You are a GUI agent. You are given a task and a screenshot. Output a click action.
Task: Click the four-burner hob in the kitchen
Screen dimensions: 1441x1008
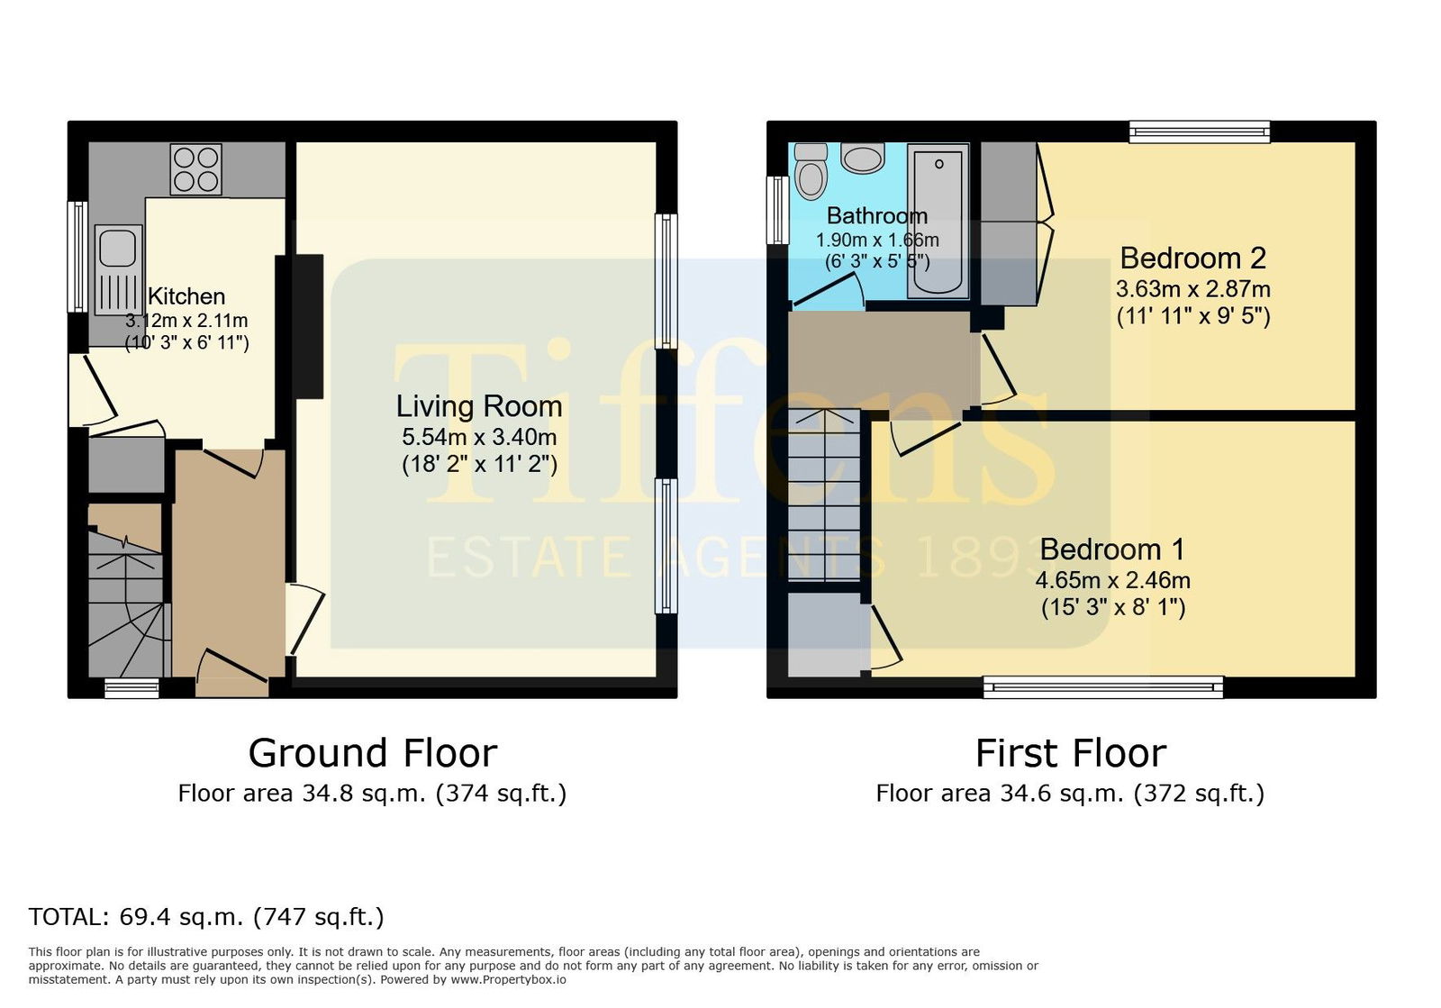point(195,170)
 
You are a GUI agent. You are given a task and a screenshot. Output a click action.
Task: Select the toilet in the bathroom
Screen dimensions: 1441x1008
point(811,172)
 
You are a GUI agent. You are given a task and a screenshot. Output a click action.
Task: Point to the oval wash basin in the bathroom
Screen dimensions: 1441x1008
point(862,159)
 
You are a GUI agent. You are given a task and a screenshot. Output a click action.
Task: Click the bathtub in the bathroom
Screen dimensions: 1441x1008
point(938,221)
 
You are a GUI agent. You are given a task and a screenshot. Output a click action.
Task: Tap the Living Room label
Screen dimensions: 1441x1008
point(479,406)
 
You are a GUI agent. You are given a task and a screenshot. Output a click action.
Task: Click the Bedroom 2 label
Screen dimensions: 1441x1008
point(1192,258)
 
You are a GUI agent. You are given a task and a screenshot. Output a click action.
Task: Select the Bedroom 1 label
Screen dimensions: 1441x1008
point(1112,549)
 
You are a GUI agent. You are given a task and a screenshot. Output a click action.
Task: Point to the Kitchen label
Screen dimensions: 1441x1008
point(186,296)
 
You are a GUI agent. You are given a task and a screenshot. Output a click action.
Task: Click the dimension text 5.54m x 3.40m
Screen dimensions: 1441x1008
point(479,438)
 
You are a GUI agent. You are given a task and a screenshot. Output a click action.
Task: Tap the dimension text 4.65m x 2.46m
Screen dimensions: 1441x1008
point(1113,580)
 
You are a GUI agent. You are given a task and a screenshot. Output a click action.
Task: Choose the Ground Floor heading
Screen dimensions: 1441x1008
point(373,753)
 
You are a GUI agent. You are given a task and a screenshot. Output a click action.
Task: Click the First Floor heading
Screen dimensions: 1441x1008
point(1071,753)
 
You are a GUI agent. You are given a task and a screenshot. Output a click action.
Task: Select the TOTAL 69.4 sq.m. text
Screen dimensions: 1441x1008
point(206,917)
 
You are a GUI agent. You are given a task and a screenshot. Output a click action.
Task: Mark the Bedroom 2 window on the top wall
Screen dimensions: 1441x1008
point(1200,132)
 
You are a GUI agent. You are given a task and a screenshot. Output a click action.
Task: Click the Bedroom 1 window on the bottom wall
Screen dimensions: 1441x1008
point(1103,687)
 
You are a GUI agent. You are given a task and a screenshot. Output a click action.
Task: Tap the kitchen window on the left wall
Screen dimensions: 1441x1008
point(77,257)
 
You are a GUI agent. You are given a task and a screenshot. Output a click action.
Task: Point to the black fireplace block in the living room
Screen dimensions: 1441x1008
point(308,327)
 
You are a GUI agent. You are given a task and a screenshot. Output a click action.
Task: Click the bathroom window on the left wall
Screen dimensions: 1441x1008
point(777,211)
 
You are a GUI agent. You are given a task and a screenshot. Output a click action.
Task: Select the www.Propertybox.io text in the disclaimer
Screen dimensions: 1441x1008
point(508,980)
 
